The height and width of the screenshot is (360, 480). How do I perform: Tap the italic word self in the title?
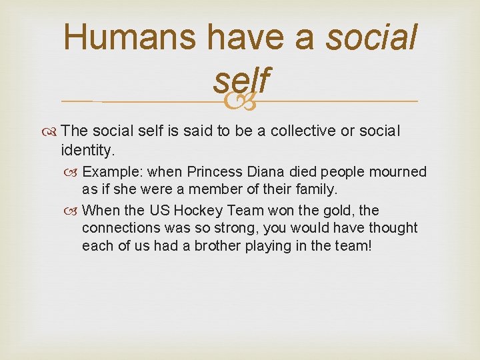(241, 81)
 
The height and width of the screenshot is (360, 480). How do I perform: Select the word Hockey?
(198, 211)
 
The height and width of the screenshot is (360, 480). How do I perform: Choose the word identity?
(87, 149)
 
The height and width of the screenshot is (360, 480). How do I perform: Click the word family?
(315, 190)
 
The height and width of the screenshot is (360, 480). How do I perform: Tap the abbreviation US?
(159, 211)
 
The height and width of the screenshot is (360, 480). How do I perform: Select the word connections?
(121, 228)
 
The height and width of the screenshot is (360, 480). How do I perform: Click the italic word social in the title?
(371, 37)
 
